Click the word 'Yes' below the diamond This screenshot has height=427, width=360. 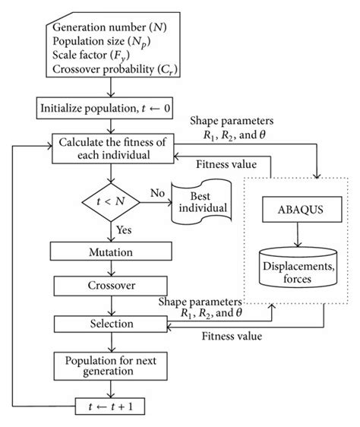pos(126,227)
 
